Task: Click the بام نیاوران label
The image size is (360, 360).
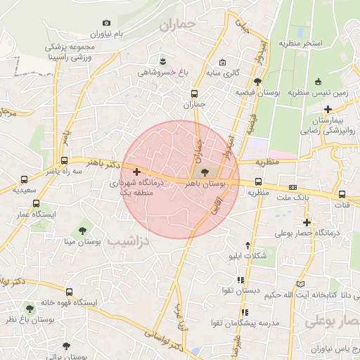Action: (115, 34)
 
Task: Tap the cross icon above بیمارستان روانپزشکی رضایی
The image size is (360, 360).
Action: (328, 109)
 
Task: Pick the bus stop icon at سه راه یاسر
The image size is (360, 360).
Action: (64, 160)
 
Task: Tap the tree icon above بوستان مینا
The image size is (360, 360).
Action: (83, 230)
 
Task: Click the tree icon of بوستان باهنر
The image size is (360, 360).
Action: (205, 172)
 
